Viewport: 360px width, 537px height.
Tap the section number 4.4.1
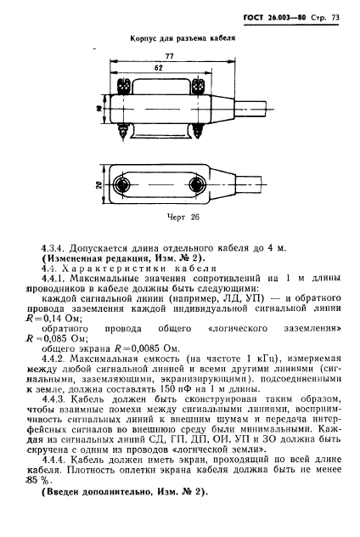pos(53,280)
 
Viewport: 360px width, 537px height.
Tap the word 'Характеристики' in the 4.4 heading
pos(111,268)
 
